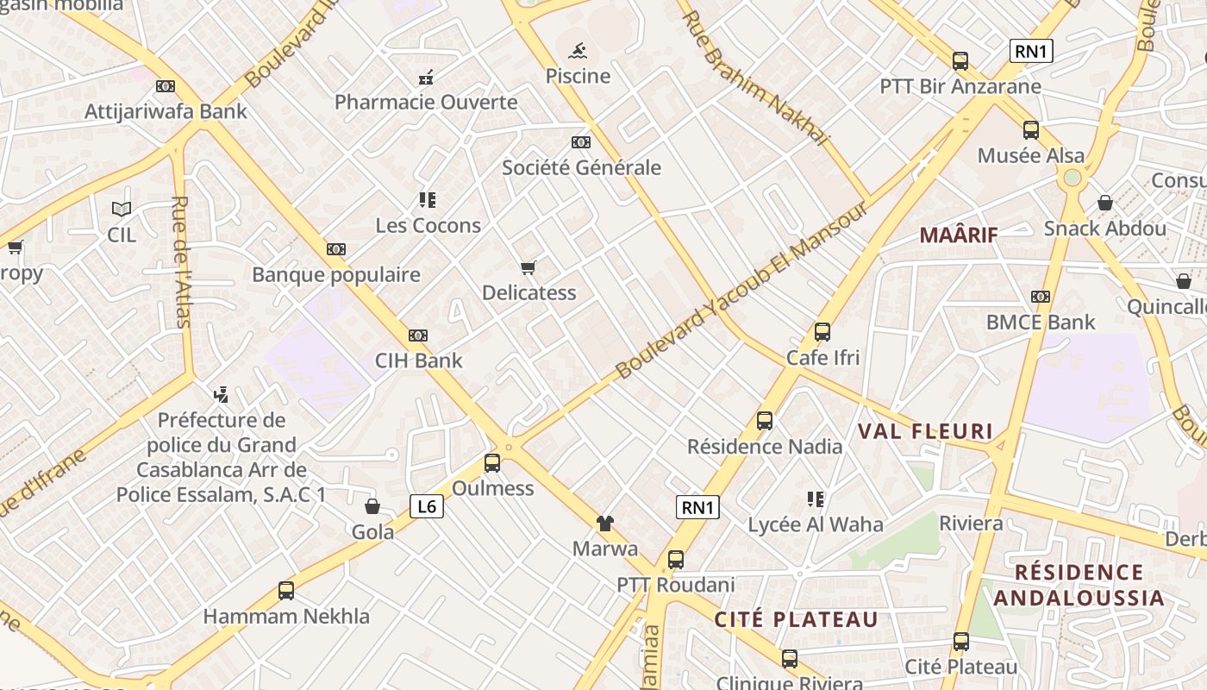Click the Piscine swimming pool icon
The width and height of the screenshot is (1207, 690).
click(578, 50)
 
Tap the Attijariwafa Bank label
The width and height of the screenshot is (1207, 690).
click(166, 111)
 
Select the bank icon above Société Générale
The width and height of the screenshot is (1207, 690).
click(581, 142)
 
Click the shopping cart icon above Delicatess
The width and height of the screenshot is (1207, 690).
click(528, 268)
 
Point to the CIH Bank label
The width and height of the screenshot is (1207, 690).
click(419, 361)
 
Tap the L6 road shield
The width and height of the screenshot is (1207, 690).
click(427, 506)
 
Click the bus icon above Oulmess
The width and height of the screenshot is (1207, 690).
click(492, 463)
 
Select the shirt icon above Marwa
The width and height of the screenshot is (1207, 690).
click(605, 523)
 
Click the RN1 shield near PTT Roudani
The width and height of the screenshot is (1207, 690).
click(697, 507)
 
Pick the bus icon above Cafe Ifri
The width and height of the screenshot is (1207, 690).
click(822, 332)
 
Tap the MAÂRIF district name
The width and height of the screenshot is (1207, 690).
click(959, 235)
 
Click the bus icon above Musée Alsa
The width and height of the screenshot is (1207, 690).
click(1031, 130)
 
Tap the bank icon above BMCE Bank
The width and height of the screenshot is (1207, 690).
click(1041, 297)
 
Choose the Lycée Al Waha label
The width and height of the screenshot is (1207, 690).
click(816, 524)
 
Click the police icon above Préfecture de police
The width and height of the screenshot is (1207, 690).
click(221, 395)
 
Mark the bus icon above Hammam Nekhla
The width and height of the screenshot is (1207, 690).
click(286, 591)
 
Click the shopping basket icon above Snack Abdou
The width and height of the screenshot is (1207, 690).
click(1105, 203)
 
